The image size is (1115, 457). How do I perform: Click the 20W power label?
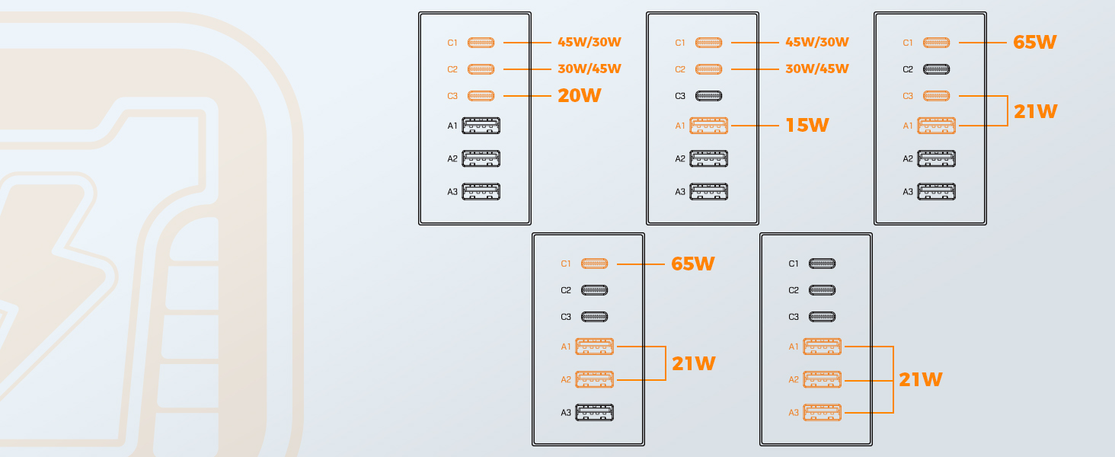click(x=580, y=95)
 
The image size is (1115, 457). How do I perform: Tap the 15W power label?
click(x=807, y=126)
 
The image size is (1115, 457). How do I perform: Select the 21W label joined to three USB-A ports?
click(x=920, y=380)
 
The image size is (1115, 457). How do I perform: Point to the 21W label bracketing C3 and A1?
click(x=1035, y=111)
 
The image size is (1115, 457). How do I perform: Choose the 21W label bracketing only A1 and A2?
click(x=693, y=364)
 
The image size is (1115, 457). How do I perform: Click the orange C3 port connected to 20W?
click(x=481, y=95)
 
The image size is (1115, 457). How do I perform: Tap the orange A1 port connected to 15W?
click(x=708, y=126)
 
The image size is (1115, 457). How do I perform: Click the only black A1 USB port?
click(x=481, y=126)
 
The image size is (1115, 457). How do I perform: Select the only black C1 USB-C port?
click(x=822, y=264)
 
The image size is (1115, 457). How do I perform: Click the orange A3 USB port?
click(x=823, y=413)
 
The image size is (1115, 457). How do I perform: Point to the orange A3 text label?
click(x=794, y=413)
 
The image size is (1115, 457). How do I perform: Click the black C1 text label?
click(x=794, y=264)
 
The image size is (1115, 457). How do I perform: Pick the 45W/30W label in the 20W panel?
click(x=589, y=43)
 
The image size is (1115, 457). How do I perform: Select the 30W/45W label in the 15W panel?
click(x=817, y=69)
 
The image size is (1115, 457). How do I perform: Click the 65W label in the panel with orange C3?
click(x=1035, y=43)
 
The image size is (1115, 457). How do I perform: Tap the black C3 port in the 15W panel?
click(x=708, y=95)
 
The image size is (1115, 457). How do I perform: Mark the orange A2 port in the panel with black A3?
click(x=594, y=379)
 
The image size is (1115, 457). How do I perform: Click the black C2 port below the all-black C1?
click(x=822, y=290)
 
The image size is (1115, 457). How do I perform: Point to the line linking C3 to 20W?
click(x=527, y=95)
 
